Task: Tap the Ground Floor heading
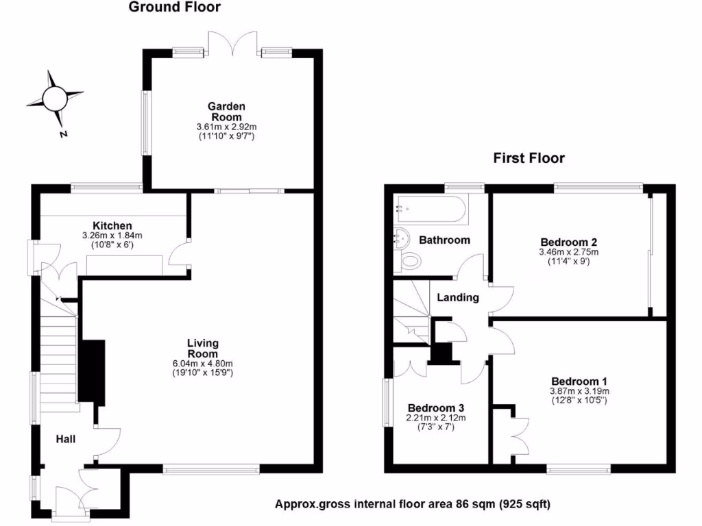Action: click(175, 8)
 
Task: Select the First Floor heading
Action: click(529, 158)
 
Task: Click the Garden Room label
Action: click(226, 112)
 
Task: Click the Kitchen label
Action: click(112, 225)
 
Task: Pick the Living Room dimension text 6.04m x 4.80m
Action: click(203, 364)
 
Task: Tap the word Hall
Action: click(66, 439)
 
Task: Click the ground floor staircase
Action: click(58, 363)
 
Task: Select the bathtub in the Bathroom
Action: click(431, 208)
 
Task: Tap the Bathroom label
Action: click(444, 240)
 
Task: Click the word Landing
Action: click(458, 298)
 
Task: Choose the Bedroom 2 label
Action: click(568, 242)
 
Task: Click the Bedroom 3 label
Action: click(435, 408)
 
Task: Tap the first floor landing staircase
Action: click(411, 312)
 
